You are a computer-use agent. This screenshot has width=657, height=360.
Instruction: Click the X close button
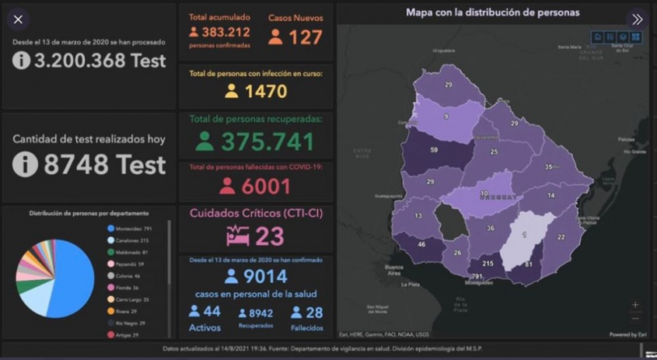coord(19,19)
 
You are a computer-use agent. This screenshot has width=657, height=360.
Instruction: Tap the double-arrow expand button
coord(637,19)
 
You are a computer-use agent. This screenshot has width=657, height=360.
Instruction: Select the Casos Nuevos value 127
coord(305,37)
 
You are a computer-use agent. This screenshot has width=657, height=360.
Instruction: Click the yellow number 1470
coord(266,91)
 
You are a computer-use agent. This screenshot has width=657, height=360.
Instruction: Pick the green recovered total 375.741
coord(267,142)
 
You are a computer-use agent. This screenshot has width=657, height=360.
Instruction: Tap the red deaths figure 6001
coord(266,187)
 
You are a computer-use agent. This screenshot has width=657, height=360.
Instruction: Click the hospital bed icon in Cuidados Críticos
coord(237,236)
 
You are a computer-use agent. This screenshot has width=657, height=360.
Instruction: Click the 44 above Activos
coord(211,311)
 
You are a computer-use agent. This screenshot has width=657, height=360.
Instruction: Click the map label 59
coord(434,149)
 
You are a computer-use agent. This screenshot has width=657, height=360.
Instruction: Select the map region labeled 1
coord(524,235)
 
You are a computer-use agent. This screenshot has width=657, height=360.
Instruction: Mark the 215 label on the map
coord(488,264)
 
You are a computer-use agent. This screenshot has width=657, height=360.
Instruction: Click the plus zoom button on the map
coord(635,305)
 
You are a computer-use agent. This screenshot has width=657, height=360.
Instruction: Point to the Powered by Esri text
coord(627,334)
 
